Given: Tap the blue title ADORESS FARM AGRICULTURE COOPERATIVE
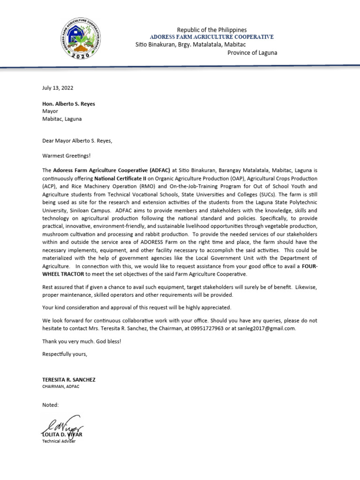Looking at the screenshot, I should click(x=211, y=37).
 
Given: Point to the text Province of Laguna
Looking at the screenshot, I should click(x=252, y=52).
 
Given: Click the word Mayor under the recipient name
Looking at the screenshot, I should click(x=50, y=111).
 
